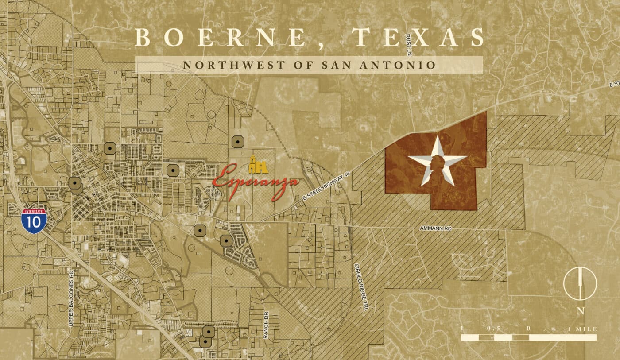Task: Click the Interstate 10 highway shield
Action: click(x=34, y=220)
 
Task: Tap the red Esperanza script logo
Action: click(x=256, y=182)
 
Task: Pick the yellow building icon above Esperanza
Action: click(x=258, y=165)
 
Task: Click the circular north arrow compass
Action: click(x=580, y=284)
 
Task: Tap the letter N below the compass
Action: click(x=580, y=311)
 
